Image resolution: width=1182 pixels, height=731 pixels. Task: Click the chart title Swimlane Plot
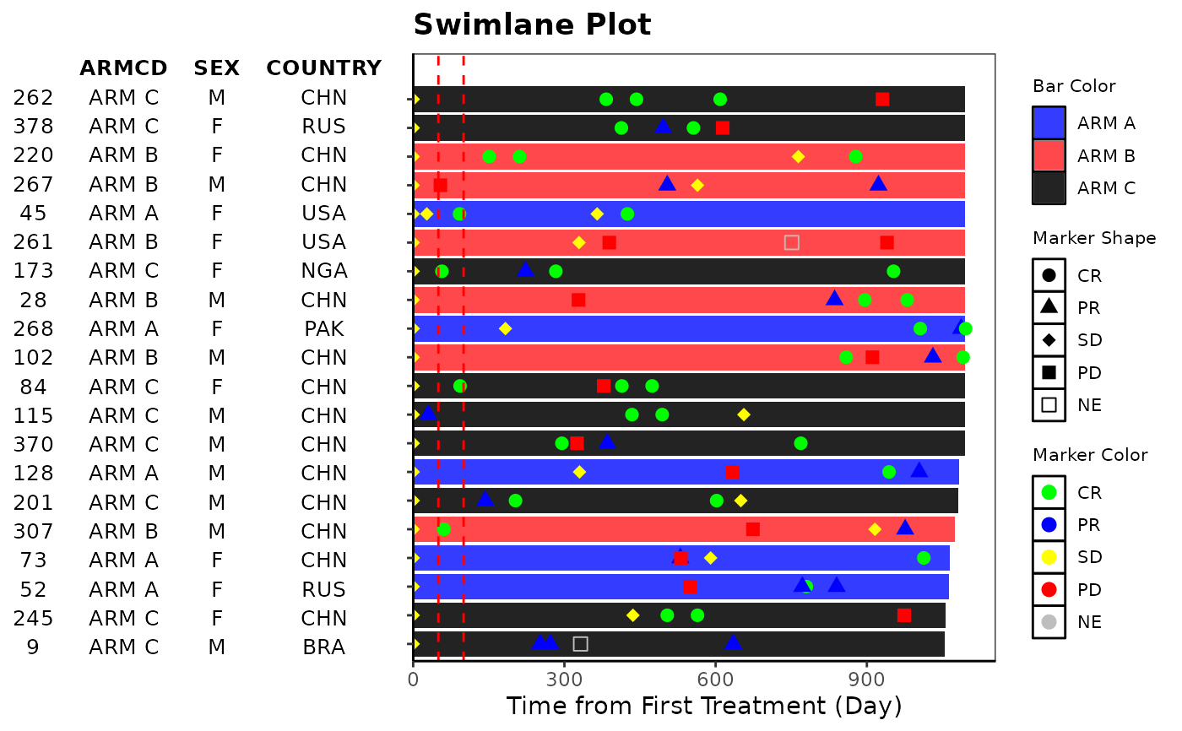pyautogui.click(x=532, y=25)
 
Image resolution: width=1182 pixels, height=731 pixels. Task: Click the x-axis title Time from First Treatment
pyautogui.click(x=704, y=706)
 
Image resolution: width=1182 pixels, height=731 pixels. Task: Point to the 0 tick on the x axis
pyautogui.click(x=413, y=677)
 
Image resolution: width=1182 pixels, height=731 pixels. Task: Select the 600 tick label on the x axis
pyautogui.click(x=716, y=677)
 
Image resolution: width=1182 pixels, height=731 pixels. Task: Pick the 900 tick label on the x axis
pyautogui.click(x=867, y=677)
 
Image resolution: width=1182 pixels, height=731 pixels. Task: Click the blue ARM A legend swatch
pyautogui.click(x=1049, y=123)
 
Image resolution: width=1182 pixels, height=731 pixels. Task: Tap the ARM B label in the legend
pyautogui.click(x=1106, y=156)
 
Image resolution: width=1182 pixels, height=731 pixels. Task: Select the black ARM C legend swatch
pyautogui.click(x=1049, y=188)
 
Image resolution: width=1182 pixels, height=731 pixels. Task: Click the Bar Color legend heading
pyautogui.click(x=1074, y=86)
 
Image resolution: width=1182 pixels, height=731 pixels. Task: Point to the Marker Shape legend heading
pyautogui.click(x=1094, y=239)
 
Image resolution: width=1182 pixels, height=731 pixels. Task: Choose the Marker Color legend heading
pyautogui.click(x=1090, y=456)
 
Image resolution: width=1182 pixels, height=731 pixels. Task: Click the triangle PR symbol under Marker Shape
pyautogui.click(x=1049, y=307)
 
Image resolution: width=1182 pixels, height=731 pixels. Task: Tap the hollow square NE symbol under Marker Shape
pyautogui.click(x=1049, y=404)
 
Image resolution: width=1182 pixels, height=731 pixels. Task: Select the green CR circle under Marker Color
pyautogui.click(x=1049, y=493)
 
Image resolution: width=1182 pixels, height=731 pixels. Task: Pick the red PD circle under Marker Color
pyautogui.click(x=1049, y=589)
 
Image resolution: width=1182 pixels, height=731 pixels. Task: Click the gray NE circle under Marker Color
pyautogui.click(x=1049, y=622)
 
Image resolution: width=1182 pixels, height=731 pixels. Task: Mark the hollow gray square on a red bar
pyautogui.click(x=791, y=243)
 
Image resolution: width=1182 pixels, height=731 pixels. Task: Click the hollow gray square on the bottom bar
pyautogui.click(x=580, y=644)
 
